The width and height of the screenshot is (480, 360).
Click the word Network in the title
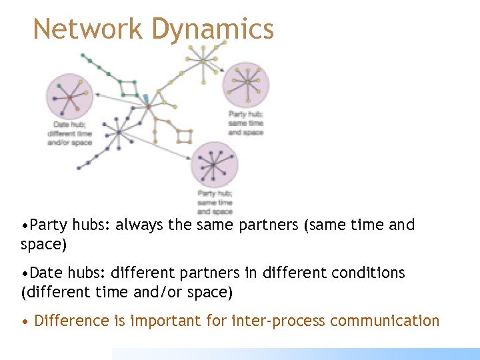point(87,29)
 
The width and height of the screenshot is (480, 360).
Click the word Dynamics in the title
point(213,29)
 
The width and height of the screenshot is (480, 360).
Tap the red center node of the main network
point(148,107)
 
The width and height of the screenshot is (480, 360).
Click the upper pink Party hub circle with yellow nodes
point(246,83)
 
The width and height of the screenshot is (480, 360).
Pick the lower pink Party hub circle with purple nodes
point(213,164)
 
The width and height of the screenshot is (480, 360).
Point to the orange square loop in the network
point(185,137)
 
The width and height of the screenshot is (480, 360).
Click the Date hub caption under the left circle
point(70,134)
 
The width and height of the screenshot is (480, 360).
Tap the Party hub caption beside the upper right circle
point(245,123)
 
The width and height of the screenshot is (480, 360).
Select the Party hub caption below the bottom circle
point(214,203)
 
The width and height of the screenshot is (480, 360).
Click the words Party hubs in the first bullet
point(63,225)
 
